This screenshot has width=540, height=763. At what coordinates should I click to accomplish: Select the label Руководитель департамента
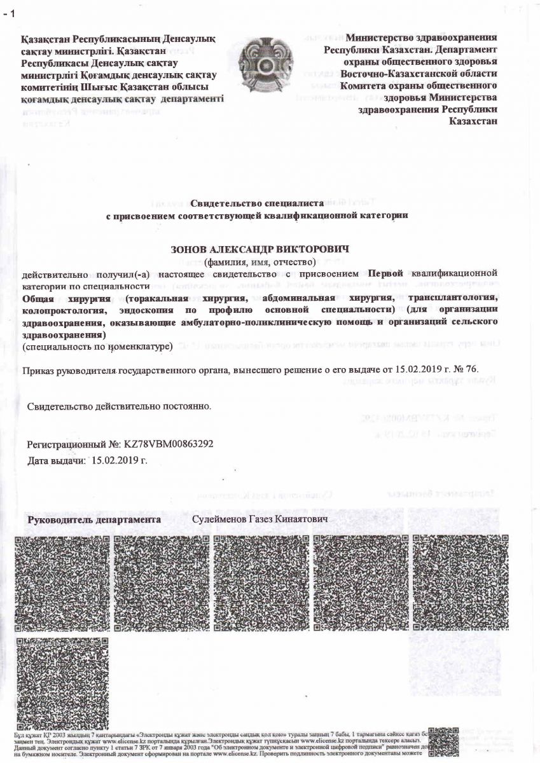[x=93, y=520]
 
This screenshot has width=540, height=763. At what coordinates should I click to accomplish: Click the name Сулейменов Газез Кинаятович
[x=264, y=520]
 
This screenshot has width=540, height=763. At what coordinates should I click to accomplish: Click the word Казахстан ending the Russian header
[x=473, y=121]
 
